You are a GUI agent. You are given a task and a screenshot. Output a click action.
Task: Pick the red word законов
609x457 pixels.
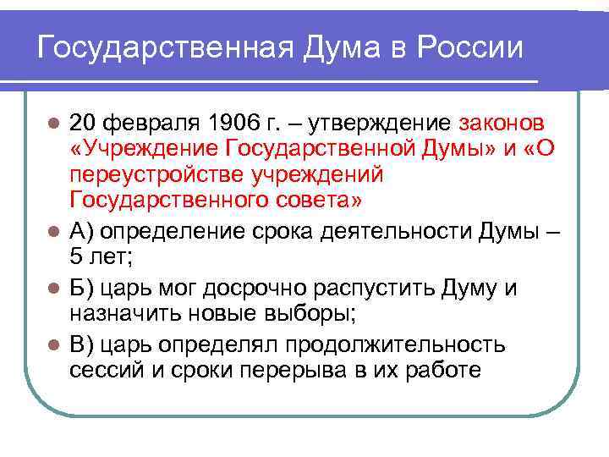pos(502,124)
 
